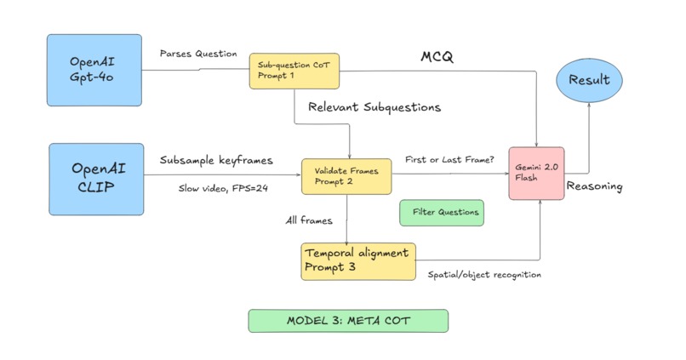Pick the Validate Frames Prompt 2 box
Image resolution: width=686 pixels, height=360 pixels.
pos(346,176)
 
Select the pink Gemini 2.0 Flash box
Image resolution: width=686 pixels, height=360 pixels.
pos(536,173)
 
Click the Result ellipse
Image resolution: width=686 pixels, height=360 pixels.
pos(589,81)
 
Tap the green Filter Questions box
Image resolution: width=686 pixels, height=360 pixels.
pos(442,213)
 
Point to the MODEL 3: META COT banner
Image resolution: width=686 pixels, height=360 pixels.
pos(347,321)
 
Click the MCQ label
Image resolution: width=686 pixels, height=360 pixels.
pos(437,57)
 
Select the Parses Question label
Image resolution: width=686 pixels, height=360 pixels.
pos(197,54)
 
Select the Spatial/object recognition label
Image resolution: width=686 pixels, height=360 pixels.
pos(484,275)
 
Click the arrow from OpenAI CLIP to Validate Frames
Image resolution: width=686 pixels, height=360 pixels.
pos(221,176)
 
